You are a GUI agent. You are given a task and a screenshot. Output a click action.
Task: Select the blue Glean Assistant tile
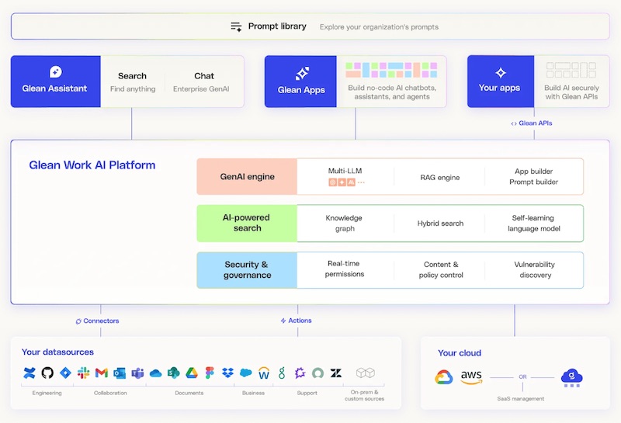click(55, 81)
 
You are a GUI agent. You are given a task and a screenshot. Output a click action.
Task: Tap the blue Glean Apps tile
click(301, 81)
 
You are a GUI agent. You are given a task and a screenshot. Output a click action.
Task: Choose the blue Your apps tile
click(499, 81)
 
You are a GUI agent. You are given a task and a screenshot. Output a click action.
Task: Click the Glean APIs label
click(535, 123)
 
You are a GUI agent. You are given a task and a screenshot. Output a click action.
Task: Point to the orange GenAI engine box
click(247, 177)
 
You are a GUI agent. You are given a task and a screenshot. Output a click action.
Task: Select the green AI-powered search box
click(247, 224)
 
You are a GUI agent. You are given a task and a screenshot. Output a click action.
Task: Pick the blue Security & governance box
click(247, 270)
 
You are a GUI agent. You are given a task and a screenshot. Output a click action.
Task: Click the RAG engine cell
click(439, 178)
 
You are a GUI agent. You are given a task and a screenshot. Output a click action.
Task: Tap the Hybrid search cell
click(439, 224)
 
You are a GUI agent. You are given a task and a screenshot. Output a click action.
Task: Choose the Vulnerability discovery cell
click(535, 270)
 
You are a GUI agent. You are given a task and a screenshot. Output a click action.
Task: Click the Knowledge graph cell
click(345, 224)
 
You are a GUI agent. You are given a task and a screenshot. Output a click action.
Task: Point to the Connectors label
click(100, 321)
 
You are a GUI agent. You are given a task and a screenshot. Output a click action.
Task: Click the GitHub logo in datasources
click(47, 373)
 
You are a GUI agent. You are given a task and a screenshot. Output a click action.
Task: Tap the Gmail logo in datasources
click(101, 373)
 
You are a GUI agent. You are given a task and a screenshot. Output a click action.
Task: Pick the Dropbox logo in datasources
click(227, 373)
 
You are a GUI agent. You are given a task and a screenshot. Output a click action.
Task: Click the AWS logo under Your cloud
click(471, 377)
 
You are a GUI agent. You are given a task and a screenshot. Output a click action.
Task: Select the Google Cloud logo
click(443, 377)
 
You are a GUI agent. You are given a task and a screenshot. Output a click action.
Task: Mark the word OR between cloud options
click(522, 377)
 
